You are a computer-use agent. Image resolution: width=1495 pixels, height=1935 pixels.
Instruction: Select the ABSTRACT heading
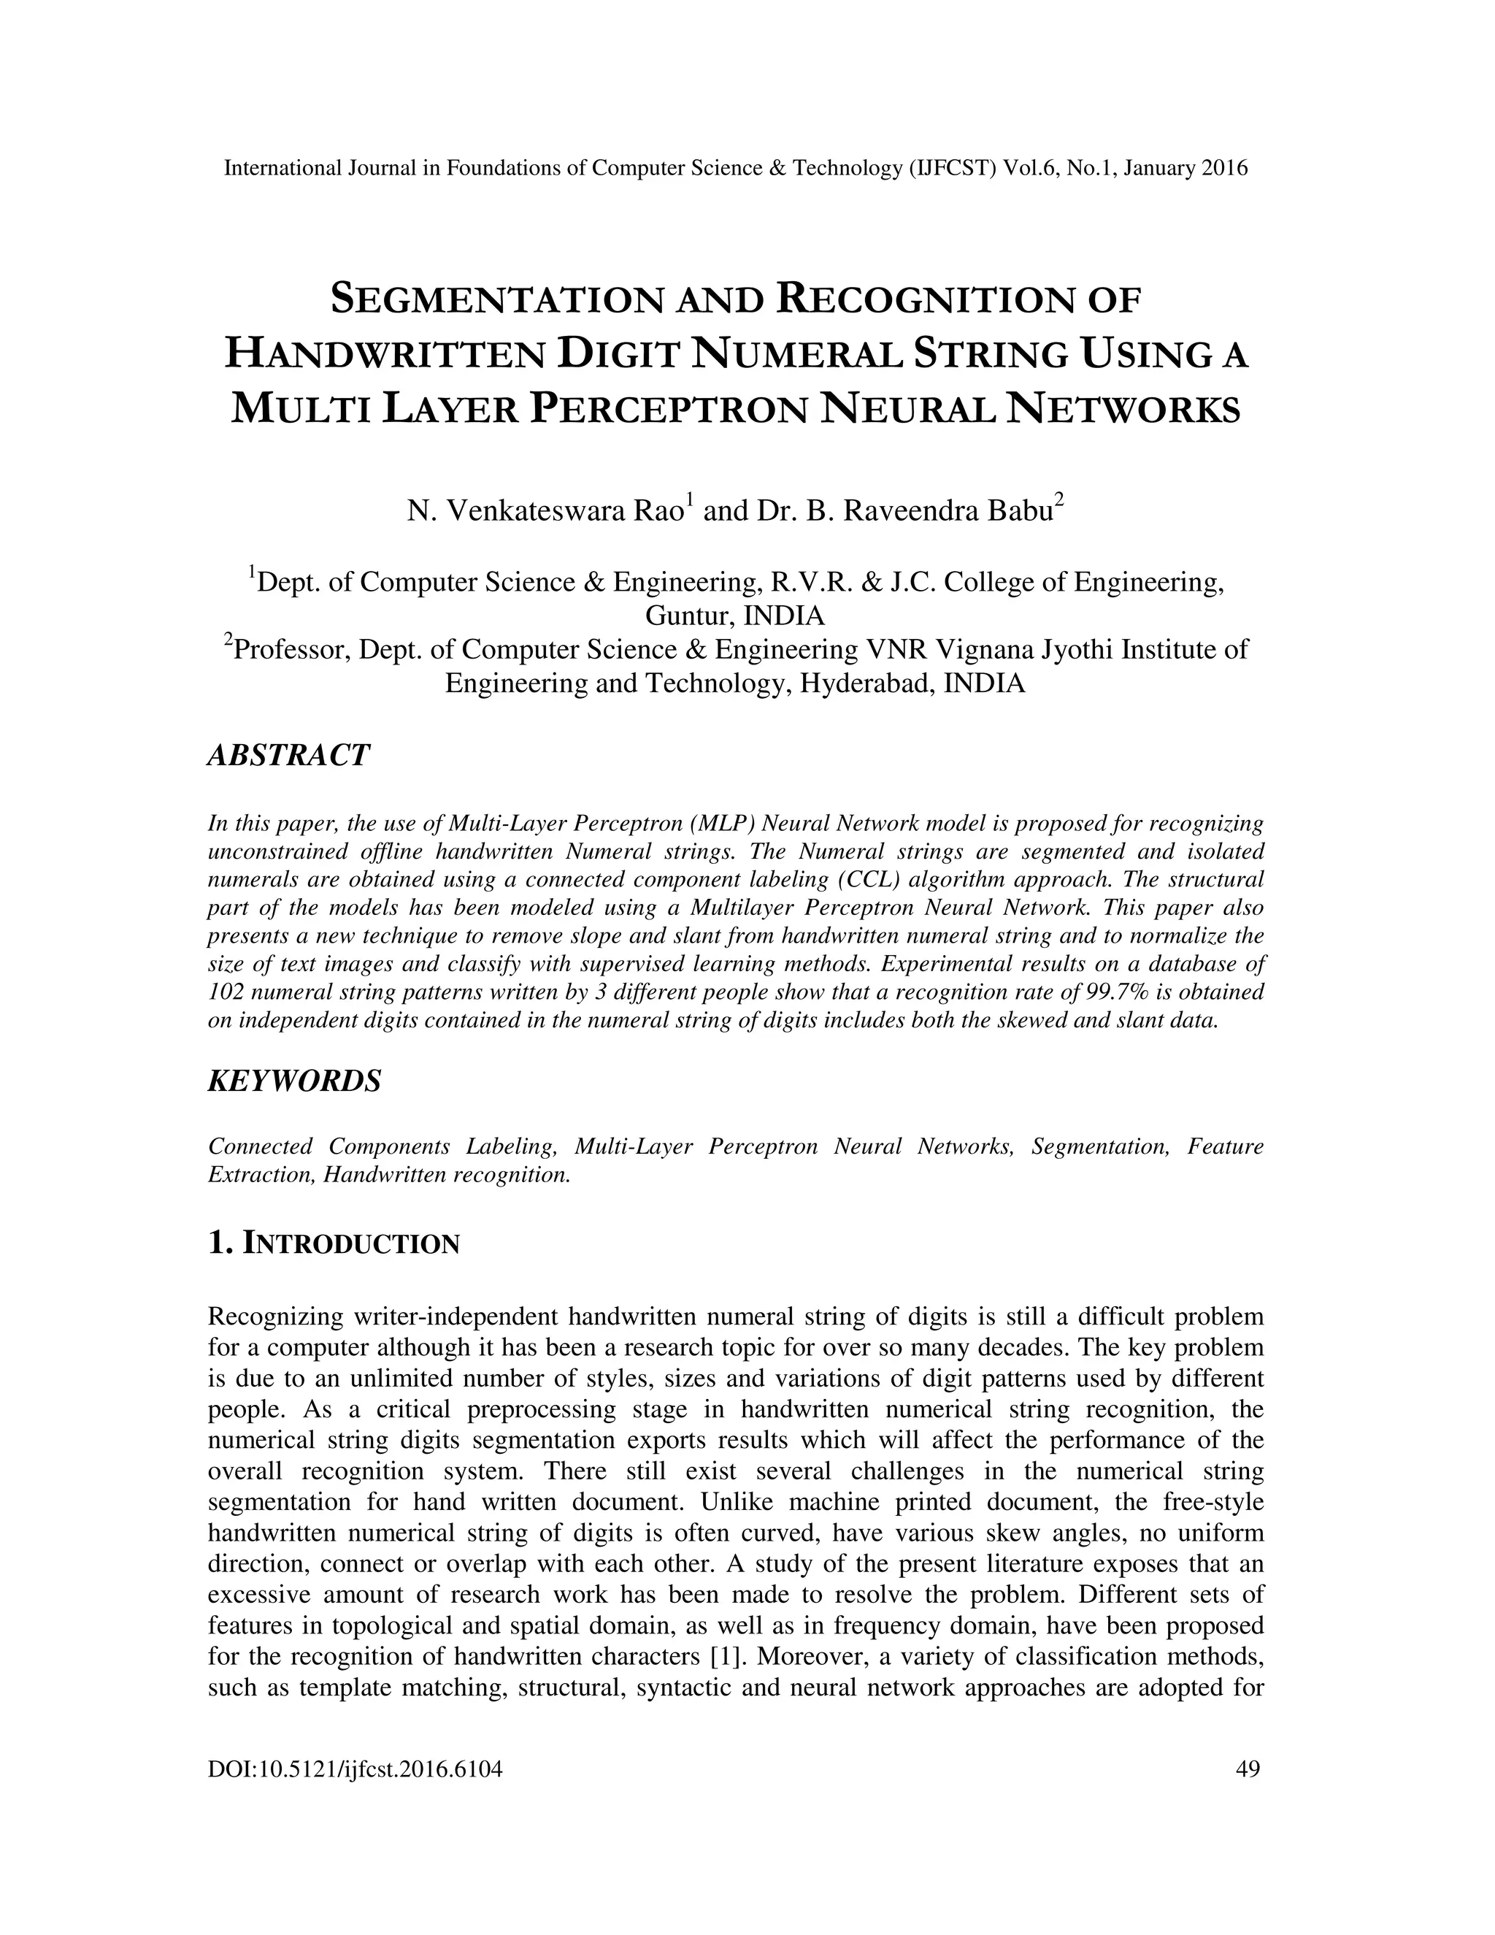288,756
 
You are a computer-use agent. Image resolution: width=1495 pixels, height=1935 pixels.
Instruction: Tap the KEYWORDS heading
294,1081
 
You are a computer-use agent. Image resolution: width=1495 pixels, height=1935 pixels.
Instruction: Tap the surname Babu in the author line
1019,512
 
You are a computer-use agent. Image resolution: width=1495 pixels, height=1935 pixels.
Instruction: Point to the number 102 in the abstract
225,992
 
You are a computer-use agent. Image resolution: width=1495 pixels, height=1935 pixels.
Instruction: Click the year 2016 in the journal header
1224,167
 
